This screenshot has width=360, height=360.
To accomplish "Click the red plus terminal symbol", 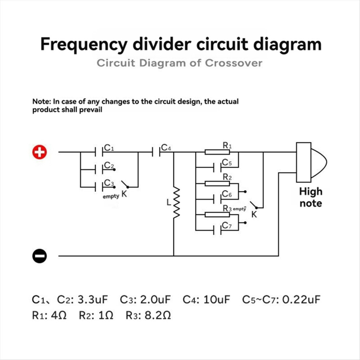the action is (x=40, y=152).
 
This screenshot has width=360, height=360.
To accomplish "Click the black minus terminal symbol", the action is (x=40, y=256).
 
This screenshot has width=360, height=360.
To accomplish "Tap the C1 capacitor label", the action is (x=109, y=148).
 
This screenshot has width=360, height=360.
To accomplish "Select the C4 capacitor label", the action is (x=166, y=147).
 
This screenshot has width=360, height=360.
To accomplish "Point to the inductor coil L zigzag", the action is (x=176, y=203).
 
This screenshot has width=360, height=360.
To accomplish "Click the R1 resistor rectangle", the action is (x=217, y=152).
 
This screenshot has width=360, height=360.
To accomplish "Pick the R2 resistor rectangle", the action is (x=217, y=183).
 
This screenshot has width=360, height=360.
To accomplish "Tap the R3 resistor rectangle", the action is (x=217, y=215).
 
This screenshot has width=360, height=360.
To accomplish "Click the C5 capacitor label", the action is (x=227, y=163).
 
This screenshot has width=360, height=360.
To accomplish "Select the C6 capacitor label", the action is (x=227, y=194).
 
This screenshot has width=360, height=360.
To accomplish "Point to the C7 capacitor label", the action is (x=227, y=225).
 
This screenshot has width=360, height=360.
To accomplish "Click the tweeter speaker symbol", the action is (x=311, y=162).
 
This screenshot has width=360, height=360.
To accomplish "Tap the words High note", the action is (x=311, y=197).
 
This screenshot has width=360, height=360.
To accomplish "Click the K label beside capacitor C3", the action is (x=124, y=194).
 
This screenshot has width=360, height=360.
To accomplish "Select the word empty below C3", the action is (x=111, y=196).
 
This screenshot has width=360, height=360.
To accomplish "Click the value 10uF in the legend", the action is (x=216, y=299).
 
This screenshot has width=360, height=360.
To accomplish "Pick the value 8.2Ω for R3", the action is (x=157, y=316).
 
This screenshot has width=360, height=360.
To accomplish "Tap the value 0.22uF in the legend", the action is (x=301, y=299).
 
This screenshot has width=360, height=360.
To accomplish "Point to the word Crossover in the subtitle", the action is (x=233, y=63).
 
